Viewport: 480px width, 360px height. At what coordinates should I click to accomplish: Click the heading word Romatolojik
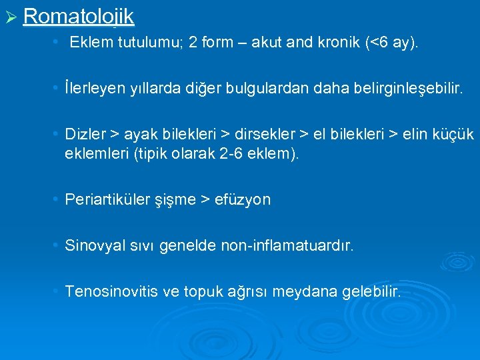tap(79, 16)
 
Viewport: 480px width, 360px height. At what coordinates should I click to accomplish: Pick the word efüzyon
tap(243, 200)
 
